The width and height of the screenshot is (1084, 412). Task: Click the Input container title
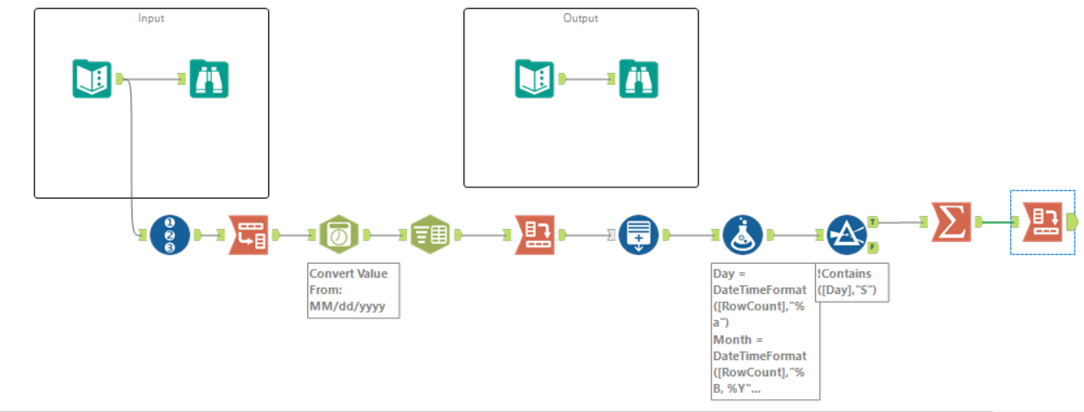[x=151, y=18]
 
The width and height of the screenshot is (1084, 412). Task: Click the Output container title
[x=581, y=18]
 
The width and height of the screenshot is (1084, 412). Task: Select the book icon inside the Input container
[x=91, y=79]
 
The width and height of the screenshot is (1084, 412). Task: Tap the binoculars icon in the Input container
[x=209, y=79]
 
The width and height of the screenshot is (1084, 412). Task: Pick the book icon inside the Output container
[x=535, y=79]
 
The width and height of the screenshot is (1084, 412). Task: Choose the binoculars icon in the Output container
[x=638, y=79]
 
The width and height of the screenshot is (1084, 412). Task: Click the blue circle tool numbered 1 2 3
[x=169, y=234]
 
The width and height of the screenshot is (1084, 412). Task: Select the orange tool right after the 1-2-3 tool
[x=249, y=234]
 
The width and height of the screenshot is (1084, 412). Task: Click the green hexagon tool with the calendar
[x=339, y=234]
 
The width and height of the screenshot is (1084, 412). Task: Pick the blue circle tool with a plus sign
[x=639, y=234]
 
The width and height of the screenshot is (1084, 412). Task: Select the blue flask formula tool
[x=743, y=234]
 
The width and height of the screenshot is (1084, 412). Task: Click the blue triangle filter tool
[x=844, y=234]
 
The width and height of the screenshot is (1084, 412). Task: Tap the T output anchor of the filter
[x=871, y=222]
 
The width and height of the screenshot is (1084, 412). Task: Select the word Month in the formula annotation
[x=731, y=339]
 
